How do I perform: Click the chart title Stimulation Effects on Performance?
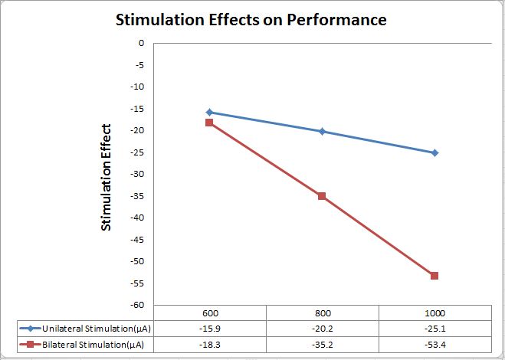click(x=251, y=20)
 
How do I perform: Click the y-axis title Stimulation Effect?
click(x=107, y=177)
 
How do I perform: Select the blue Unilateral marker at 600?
click(x=209, y=112)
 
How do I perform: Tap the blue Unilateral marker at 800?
click(x=322, y=131)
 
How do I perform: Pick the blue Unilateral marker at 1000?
click(x=434, y=152)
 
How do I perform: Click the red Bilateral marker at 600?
click(x=209, y=123)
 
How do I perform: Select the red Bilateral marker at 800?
click(x=322, y=196)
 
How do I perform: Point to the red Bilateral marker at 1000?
click(x=434, y=276)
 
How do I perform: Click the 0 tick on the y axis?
click(x=141, y=43)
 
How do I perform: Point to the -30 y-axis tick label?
click(x=138, y=174)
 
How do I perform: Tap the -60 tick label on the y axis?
click(x=138, y=305)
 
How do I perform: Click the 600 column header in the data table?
click(x=209, y=314)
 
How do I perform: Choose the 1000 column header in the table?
click(x=434, y=314)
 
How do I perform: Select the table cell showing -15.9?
click(x=209, y=329)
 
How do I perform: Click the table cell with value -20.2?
click(x=322, y=329)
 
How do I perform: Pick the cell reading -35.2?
click(x=322, y=345)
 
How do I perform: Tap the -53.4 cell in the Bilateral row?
click(x=434, y=345)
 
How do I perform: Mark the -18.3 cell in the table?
click(x=209, y=345)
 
